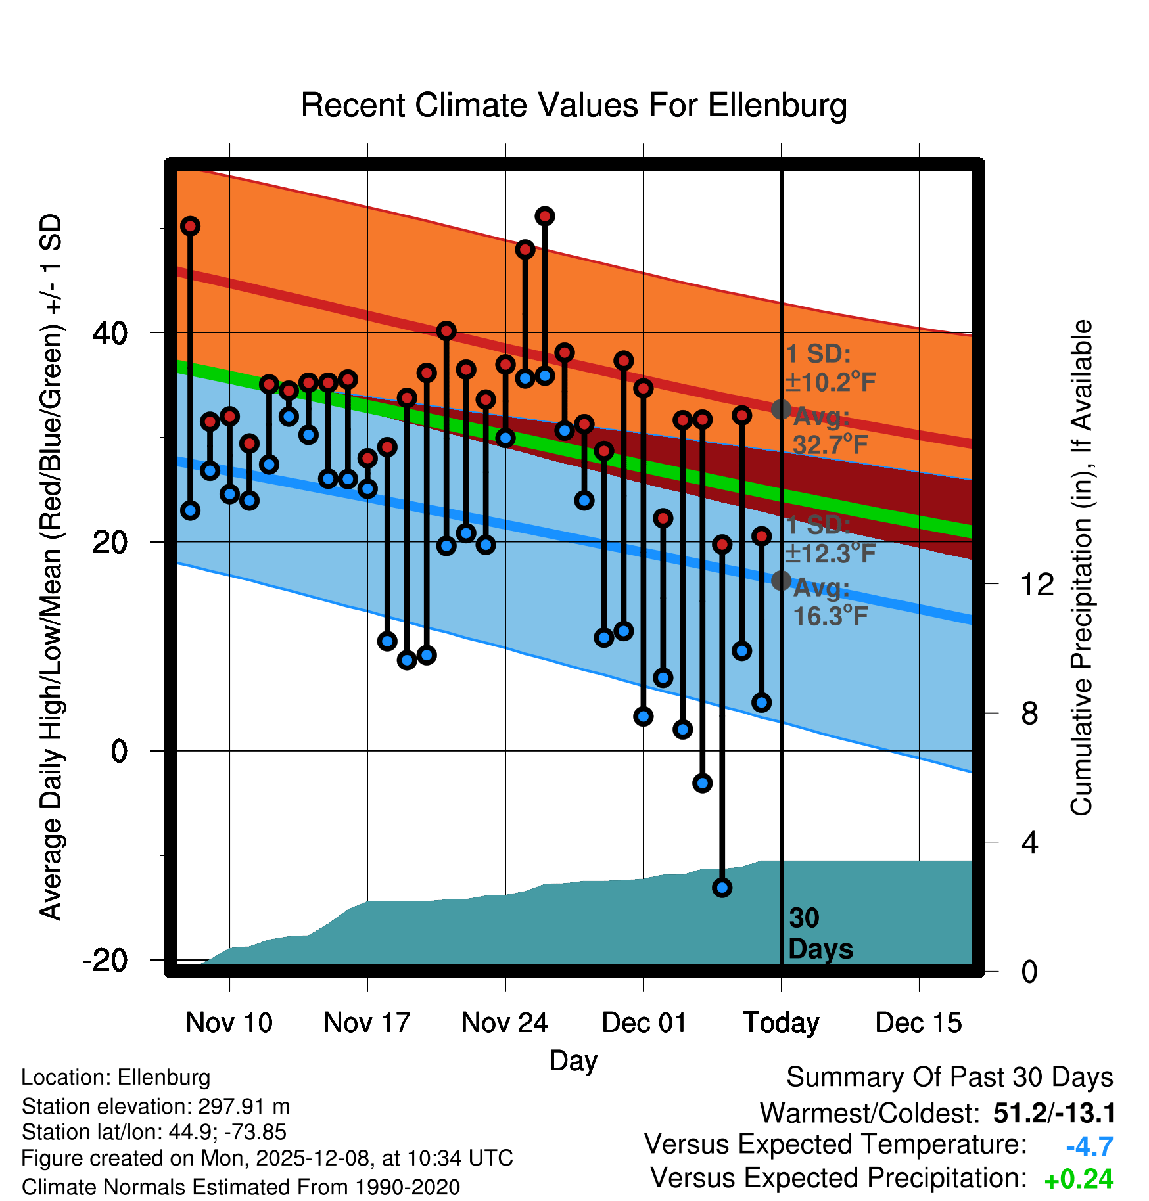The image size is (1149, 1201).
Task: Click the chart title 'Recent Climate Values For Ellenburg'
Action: (573, 105)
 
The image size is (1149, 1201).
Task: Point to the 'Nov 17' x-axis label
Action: (367, 1023)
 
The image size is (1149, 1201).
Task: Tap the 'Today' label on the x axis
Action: (781, 1023)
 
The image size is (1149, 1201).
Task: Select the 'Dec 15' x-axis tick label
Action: (918, 1023)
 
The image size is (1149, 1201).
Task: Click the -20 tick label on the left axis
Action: (105, 961)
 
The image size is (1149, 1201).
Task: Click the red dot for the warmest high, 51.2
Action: (544, 216)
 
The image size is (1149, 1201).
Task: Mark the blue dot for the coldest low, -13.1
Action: (722, 888)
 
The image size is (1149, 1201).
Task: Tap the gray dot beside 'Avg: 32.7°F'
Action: (781, 409)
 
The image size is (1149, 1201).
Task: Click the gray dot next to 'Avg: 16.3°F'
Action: (781, 580)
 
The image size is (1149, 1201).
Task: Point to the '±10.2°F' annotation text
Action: (830, 382)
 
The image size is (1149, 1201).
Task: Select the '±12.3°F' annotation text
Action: (830, 553)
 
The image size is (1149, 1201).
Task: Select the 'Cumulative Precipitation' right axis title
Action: (1081, 568)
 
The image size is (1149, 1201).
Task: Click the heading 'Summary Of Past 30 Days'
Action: (949, 1077)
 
